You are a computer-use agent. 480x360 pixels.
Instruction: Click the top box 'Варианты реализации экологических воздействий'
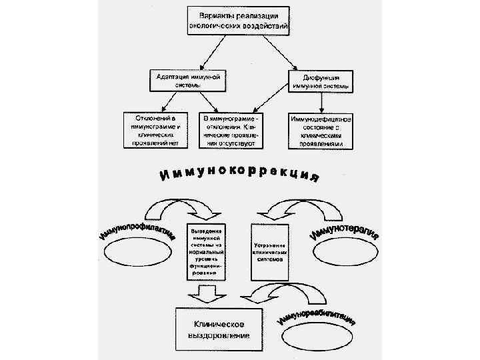tap(238, 21)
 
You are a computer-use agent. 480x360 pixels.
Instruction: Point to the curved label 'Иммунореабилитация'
tap(317, 313)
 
